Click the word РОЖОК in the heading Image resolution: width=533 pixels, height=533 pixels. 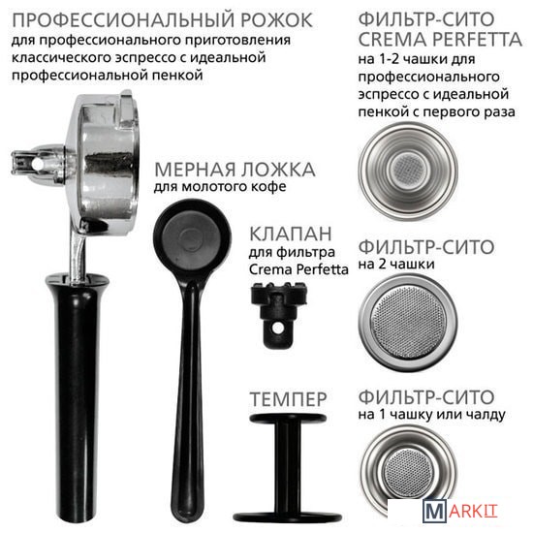(276, 20)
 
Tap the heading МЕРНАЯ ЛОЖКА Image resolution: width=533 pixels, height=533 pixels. (235, 170)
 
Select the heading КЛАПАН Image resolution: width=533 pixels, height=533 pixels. (291, 234)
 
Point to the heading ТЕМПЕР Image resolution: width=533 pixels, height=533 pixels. (288, 399)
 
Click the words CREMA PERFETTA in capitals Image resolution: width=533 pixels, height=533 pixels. (440, 40)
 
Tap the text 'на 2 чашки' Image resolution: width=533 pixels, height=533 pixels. (396, 265)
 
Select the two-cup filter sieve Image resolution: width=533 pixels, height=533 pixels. (408, 323)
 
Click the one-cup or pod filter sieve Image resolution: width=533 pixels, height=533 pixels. (408, 473)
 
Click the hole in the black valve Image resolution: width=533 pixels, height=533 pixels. (278, 328)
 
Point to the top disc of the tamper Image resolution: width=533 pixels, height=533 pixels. (288, 418)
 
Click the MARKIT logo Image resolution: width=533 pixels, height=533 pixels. (460, 512)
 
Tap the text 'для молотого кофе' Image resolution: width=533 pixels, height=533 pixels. (220, 187)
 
